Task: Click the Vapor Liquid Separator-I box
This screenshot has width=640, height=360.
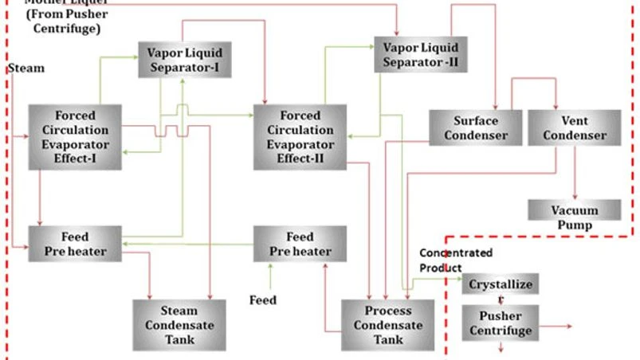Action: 184,60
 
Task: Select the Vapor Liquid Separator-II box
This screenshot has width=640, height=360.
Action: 420,53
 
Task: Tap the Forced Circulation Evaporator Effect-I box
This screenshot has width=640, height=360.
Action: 75,136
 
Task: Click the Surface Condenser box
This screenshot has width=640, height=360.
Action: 475,127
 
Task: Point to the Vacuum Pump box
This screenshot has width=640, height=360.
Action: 574,217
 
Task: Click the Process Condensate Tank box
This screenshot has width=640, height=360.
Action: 388,324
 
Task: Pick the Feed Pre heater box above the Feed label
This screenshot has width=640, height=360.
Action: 300,244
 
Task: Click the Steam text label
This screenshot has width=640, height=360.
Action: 26,68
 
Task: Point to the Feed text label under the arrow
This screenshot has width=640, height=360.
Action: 263,300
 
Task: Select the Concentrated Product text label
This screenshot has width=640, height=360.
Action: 456,259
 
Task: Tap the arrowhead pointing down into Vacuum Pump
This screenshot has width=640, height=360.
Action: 575,195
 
